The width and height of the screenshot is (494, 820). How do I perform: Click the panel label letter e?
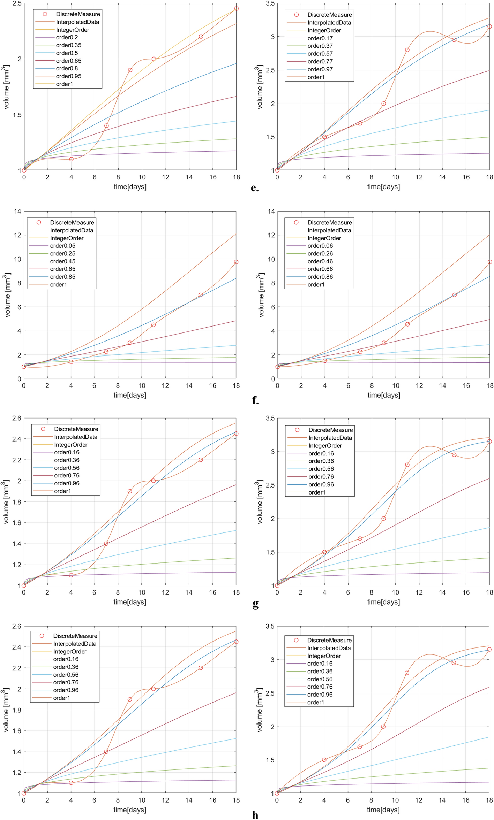click(255, 188)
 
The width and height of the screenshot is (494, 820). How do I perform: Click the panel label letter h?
click(255, 815)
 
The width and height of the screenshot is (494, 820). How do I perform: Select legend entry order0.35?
click(68, 45)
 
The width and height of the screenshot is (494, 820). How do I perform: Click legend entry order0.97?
click(320, 69)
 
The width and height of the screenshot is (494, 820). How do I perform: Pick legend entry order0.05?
click(62, 246)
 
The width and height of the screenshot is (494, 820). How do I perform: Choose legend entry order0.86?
click(320, 277)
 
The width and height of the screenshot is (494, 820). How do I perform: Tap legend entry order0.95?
click(68, 76)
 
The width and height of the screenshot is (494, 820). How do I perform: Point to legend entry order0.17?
click(320, 38)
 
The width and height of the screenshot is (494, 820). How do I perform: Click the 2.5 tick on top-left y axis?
click(17, 3)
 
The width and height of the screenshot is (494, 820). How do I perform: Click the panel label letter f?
click(255, 401)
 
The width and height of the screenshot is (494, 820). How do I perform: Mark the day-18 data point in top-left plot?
click(236, 8)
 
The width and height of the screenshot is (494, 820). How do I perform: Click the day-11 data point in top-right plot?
click(407, 50)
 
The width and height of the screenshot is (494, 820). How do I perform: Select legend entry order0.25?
click(62, 254)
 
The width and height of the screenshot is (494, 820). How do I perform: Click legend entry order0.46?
click(320, 261)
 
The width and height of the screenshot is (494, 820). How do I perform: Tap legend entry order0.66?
click(320, 269)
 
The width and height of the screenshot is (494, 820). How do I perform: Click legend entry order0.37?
click(320, 46)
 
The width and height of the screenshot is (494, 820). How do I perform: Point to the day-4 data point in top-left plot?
click(71, 159)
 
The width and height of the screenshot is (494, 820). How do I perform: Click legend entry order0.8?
click(67, 69)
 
